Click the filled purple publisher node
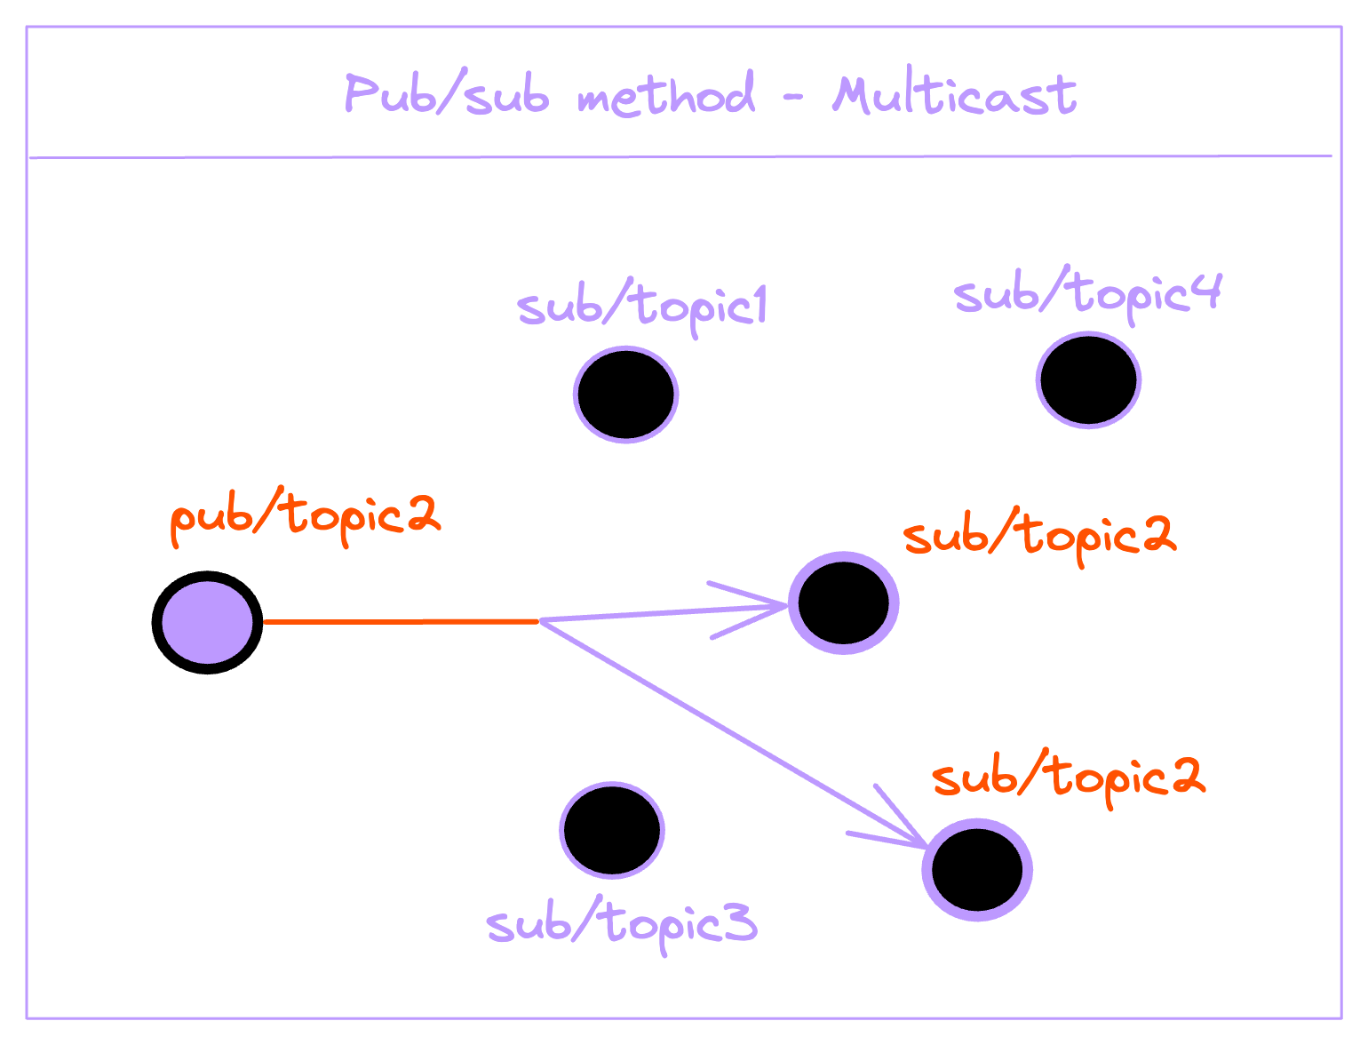point(207,622)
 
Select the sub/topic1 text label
point(641,307)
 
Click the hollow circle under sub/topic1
point(625,394)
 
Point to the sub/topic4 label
point(1087,293)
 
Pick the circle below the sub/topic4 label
point(1088,379)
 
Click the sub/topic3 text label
point(622,924)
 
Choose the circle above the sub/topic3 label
point(612,830)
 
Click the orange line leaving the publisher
point(400,621)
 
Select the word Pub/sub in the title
point(446,93)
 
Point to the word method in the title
point(666,94)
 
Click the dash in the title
point(793,96)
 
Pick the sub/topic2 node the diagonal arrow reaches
point(977,869)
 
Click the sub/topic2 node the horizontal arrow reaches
point(843,603)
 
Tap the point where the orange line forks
point(539,620)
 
